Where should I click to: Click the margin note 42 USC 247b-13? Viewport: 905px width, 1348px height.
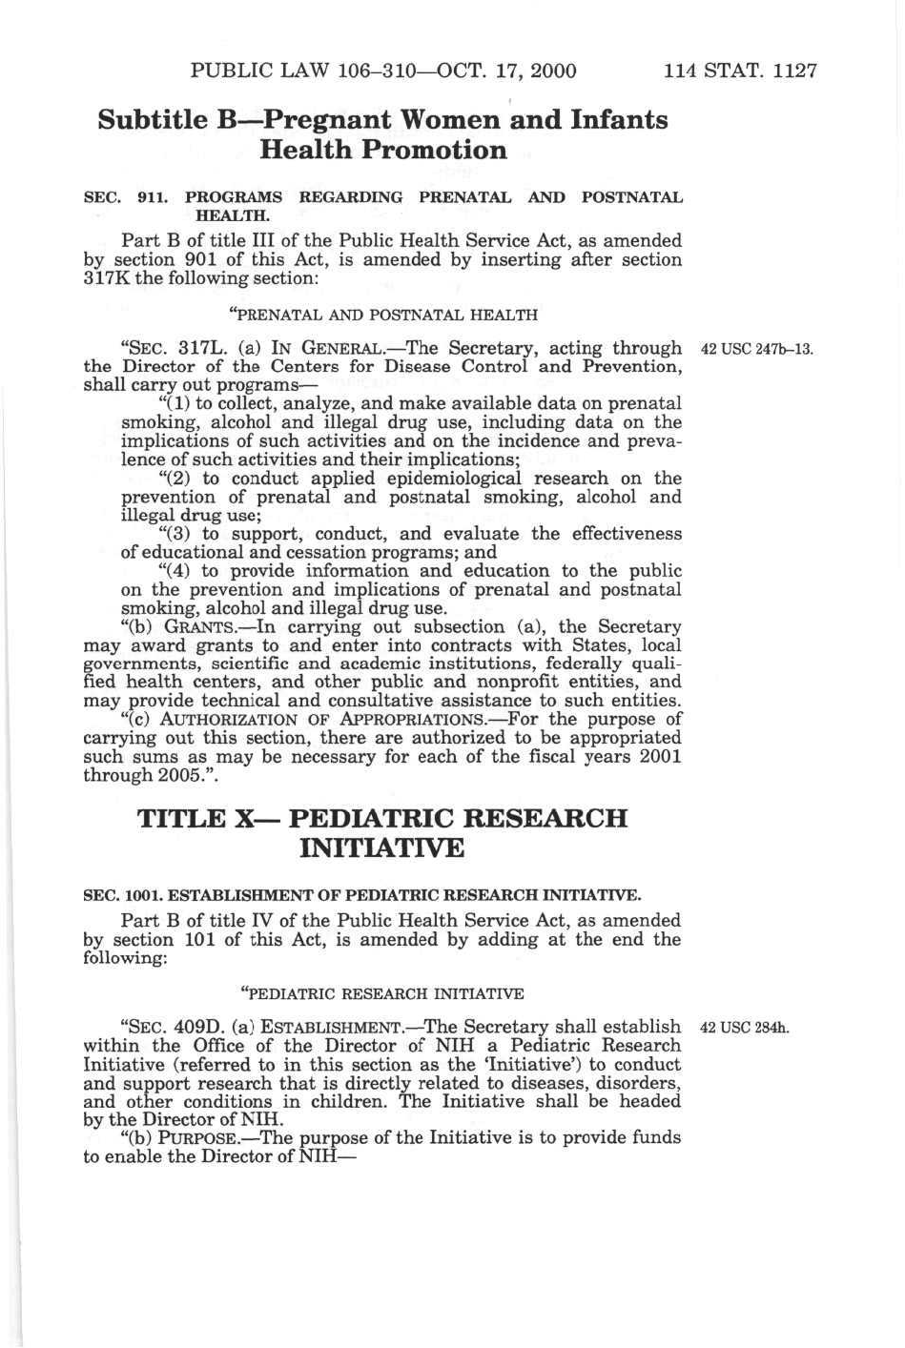click(756, 349)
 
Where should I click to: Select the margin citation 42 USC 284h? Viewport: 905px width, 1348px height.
click(744, 1028)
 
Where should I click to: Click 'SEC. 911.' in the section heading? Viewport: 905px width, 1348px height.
click(125, 198)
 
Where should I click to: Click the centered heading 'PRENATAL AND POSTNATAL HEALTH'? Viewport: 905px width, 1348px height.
click(383, 314)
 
